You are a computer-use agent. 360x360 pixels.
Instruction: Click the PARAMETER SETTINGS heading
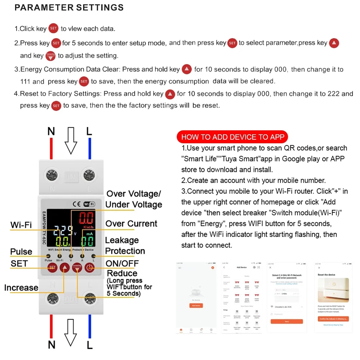point(69,8)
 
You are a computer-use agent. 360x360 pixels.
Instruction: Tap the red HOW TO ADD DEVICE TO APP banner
point(233,137)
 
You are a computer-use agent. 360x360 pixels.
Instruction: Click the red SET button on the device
point(52,267)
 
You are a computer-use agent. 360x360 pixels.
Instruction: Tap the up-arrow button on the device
point(65,267)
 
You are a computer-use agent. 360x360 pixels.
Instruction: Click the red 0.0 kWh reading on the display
point(86,219)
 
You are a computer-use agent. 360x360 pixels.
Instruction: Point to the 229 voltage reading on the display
point(64,230)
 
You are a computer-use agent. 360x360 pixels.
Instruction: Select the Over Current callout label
point(131,224)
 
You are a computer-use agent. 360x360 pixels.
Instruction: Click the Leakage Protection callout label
point(125,246)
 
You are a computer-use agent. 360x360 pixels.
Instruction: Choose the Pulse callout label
point(21,251)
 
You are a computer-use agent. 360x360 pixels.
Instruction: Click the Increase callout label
point(21,288)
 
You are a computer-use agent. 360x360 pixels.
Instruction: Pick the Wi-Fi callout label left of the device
point(21,225)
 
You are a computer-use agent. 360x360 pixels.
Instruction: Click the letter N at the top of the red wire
point(51,132)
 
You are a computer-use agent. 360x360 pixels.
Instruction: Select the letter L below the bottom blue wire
point(90,345)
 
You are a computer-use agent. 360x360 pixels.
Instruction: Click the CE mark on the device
point(76,204)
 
